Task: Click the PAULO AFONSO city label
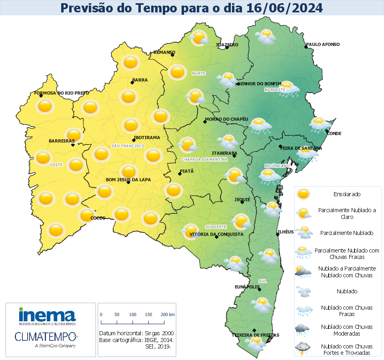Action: pyautogui.click(x=323, y=44)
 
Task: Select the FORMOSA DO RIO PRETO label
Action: pyautogui.click(x=62, y=93)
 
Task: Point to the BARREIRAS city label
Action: pyautogui.click(x=62, y=141)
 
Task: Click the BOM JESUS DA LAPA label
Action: pyautogui.click(x=128, y=180)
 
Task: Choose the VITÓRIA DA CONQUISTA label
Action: pyautogui.click(x=216, y=234)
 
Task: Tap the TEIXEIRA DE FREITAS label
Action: pyautogui.click(x=256, y=335)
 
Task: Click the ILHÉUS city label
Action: pyautogui.click(x=286, y=232)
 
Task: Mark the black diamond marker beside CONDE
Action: pyautogui.click(x=327, y=131)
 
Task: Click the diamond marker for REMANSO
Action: pyautogui.click(x=172, y=55)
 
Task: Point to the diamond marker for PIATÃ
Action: pyautogui.click(x=180, y=174)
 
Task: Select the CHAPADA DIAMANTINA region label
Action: pyautogui.click(x=204, y=159)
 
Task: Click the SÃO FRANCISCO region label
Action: pyautogui.click(x=128, y=146)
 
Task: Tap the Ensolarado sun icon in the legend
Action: pyautogui.click(x=303, y=194)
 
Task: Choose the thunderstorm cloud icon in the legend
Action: pyautogui.click(x=302, y=349)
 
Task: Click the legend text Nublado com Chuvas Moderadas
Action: pyautogui.click(x=347, y=330)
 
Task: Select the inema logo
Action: pyautogui.click(x=47, y=316)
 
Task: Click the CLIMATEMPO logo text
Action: pyautogui.click(x=45, y=336)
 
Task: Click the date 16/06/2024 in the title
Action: pyautogui.click(x=284, y=8)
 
